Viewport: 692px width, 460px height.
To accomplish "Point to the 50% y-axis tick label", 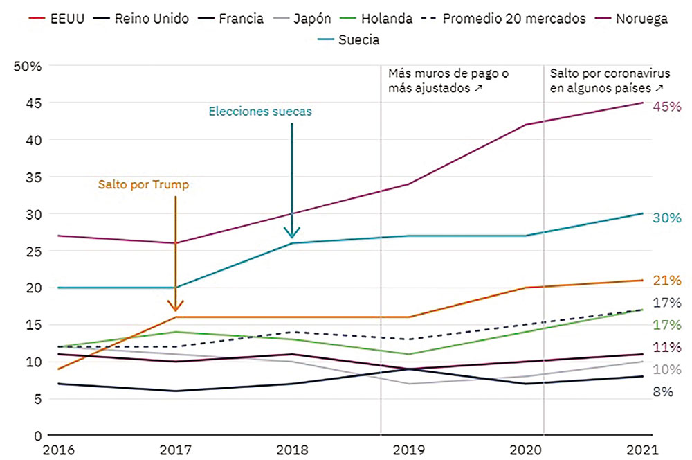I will tap(28, 66).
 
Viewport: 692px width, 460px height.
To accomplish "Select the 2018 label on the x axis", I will tap(292, 450).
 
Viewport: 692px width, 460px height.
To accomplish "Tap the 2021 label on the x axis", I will tap(640, 450).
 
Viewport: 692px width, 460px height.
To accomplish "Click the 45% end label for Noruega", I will tap(667, 107).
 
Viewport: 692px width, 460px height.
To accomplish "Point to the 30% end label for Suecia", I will tap(667, 218).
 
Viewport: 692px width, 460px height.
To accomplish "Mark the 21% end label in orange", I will tap(667, 281).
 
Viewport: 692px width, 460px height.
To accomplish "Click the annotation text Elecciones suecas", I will tap(261, 112).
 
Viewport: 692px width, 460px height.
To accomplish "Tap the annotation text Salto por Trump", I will tap(143, 186).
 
